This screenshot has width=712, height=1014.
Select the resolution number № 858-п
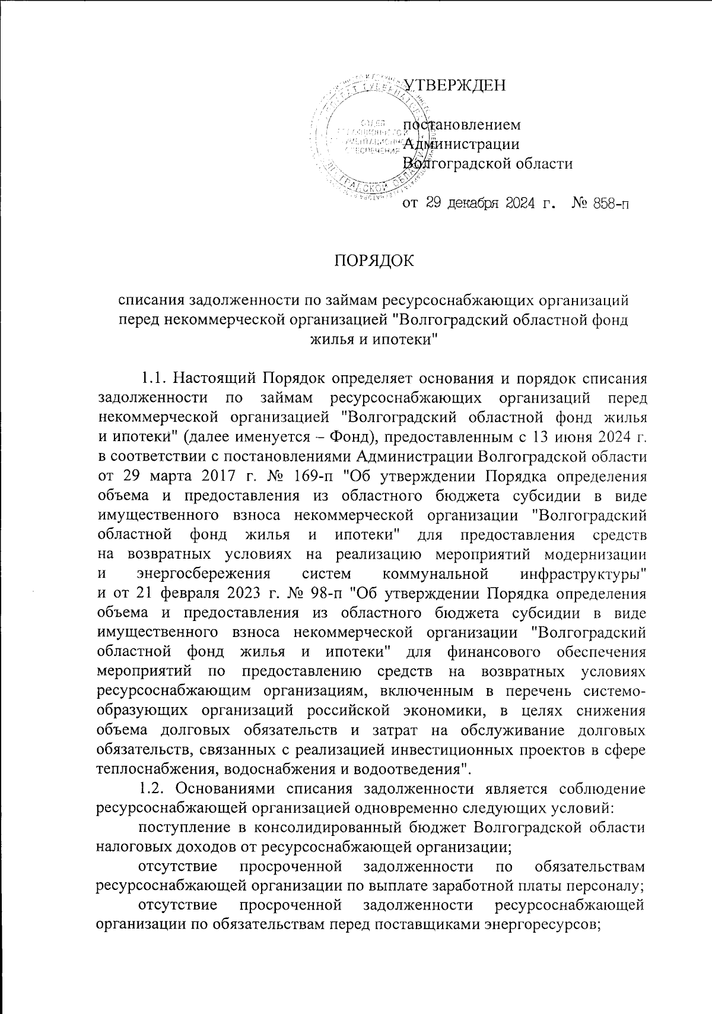(600, 204)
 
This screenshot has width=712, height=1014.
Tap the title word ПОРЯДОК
(373, 259)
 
